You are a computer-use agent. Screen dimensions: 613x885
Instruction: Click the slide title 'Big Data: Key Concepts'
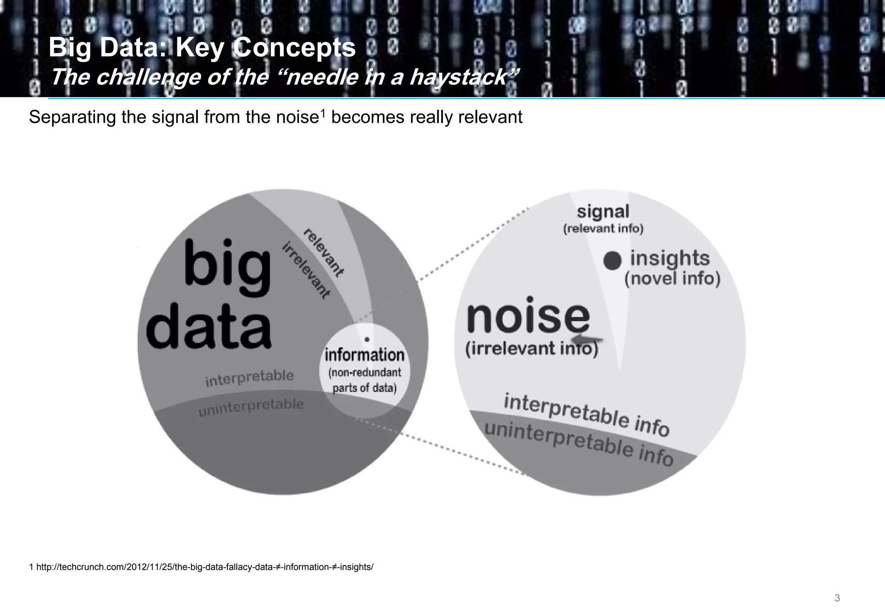pyautogui.click(x=202, y=48)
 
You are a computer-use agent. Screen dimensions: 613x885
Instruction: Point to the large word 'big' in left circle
pyautogui.click(x=228, y=264)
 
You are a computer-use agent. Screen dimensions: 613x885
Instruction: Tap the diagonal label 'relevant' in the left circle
pyautogui.click(x=323, y=252)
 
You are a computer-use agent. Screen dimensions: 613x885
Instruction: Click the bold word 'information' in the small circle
pyautogui.click(x=364, y=355)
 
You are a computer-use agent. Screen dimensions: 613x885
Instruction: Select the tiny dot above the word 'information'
pyautogui.click(x=367, y=340)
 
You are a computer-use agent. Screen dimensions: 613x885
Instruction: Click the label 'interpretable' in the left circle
pyautogui.click(x=249, y=379)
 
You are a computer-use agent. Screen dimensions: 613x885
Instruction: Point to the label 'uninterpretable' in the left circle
pyautogui.click(x=251, y=407)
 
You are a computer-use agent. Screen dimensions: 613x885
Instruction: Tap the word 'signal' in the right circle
pyautogui.click(x=603, y=212)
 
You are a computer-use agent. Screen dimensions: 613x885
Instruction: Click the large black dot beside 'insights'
pyautogui.click(x=612, y=261)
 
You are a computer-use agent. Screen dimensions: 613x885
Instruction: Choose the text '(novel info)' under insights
pyautogui.click(x=672, y=278)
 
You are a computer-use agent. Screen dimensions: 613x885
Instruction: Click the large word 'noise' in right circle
pyautogui.click(x=528, y=316)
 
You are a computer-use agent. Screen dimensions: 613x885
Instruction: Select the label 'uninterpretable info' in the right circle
pyautogui.click(x=579, y=444)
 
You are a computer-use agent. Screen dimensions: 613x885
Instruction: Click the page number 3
pyautogui.click(x=837, y=598)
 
